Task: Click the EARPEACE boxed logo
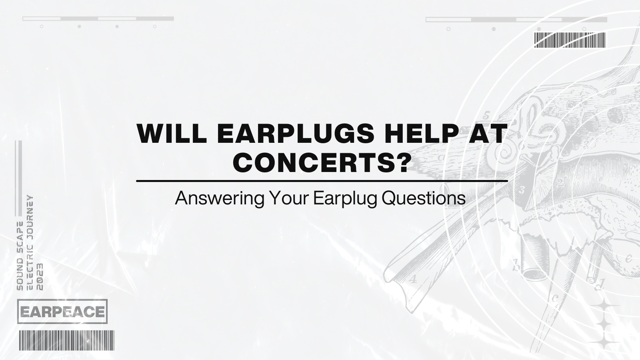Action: point(63,311)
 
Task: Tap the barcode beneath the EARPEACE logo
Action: point(66,340)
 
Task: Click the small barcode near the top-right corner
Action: point(570,40)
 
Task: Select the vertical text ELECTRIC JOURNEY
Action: point(30,242)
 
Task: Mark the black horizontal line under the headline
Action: point(322,181)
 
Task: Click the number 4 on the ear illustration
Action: point(413,279)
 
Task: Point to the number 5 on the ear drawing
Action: point(486,116)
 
